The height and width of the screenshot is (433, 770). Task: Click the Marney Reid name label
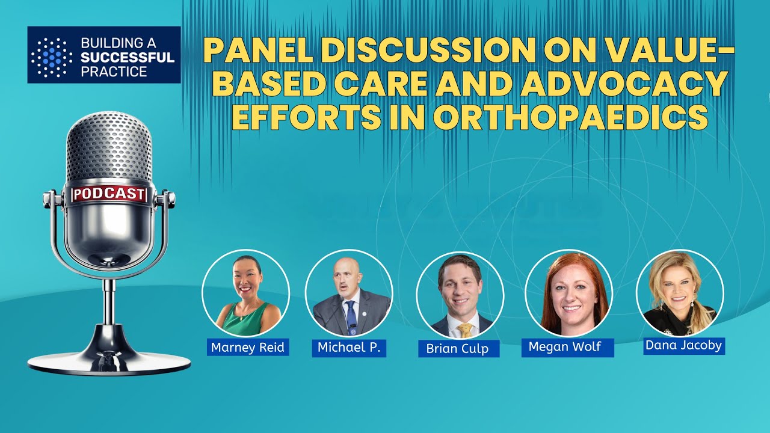(247, 348)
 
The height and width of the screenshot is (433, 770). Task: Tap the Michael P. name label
(349, 348)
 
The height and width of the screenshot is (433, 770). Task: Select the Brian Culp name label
(458, 349)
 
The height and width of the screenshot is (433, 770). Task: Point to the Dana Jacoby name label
(683, 346)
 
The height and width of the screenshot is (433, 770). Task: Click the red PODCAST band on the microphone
(109, 194)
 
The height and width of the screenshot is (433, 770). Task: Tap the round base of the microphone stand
(109, 363)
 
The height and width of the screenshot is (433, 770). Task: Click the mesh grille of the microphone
(109, 147)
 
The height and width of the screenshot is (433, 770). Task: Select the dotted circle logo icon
(51, 57)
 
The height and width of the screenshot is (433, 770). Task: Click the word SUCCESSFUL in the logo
(127, 58)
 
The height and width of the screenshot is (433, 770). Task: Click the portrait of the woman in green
(245, 293)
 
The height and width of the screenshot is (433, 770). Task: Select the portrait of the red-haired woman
(568, 293)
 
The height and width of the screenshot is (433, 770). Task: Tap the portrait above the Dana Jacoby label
(680, 293)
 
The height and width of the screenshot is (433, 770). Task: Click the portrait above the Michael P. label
(349, 293)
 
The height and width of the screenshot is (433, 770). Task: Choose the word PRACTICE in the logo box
(115, 72)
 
